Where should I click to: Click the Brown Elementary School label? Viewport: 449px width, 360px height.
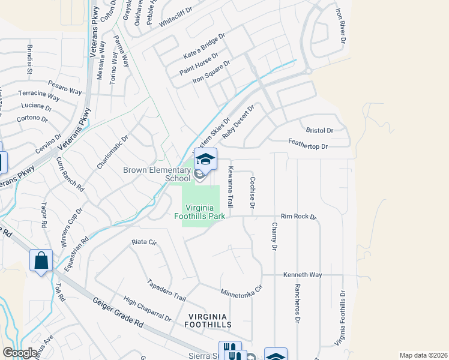click(x=157, y=174)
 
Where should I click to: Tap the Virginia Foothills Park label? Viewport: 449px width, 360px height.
click(x=199, y=211)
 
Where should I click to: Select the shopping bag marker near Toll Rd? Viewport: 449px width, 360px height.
click(x=41, y=261)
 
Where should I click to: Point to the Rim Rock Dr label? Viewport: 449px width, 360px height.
click(x=298, y=217)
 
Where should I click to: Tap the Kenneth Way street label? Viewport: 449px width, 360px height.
click(x=303, y=275)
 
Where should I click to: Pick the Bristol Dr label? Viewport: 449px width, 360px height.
click(x=319, y=130)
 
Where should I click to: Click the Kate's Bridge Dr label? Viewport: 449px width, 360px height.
click(x=204, y=46)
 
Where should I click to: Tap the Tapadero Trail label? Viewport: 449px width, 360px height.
click(x=167, y=289)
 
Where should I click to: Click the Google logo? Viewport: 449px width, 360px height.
click(x=20, y=353)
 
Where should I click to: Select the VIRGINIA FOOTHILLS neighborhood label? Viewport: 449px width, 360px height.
click(x=208, y=320)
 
